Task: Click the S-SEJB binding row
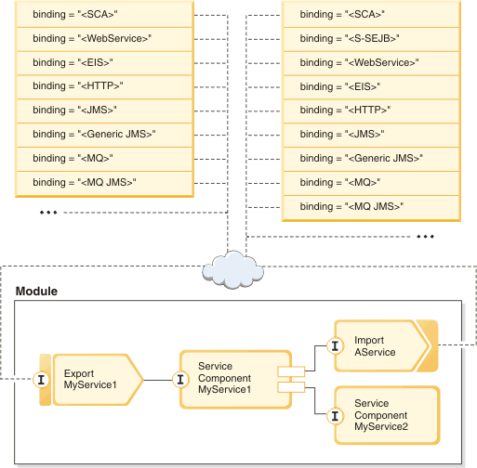(371, 39)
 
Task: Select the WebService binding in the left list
(104, 39)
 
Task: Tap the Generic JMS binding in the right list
(371, 159)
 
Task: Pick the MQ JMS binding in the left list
(104, 183)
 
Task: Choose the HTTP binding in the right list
(371, 110)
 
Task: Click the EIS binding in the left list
(104, 63)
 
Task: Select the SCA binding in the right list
(371, 15)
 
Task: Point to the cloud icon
(232, 270)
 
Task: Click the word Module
(36, 292)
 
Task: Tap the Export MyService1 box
(98, 380)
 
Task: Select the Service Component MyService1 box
(235, 380)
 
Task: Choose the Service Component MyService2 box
(387, 415)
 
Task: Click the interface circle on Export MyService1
(41, 380)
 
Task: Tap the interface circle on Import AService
(335, 345)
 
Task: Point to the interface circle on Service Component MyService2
(335, 416)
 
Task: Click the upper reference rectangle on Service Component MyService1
(291, 371)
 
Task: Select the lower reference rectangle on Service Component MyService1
(291, 387)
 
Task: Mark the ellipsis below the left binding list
(48, 213)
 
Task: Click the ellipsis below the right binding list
(425, 237)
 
